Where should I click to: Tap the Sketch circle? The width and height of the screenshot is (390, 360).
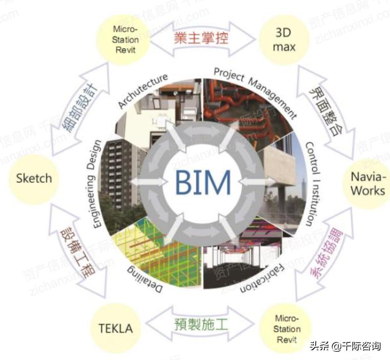click(34, 178)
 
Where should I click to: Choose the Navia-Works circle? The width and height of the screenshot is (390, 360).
click(367, 183)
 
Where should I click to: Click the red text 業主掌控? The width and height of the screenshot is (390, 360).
click(201, 37)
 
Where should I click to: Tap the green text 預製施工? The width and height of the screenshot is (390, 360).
click(201, 325)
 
